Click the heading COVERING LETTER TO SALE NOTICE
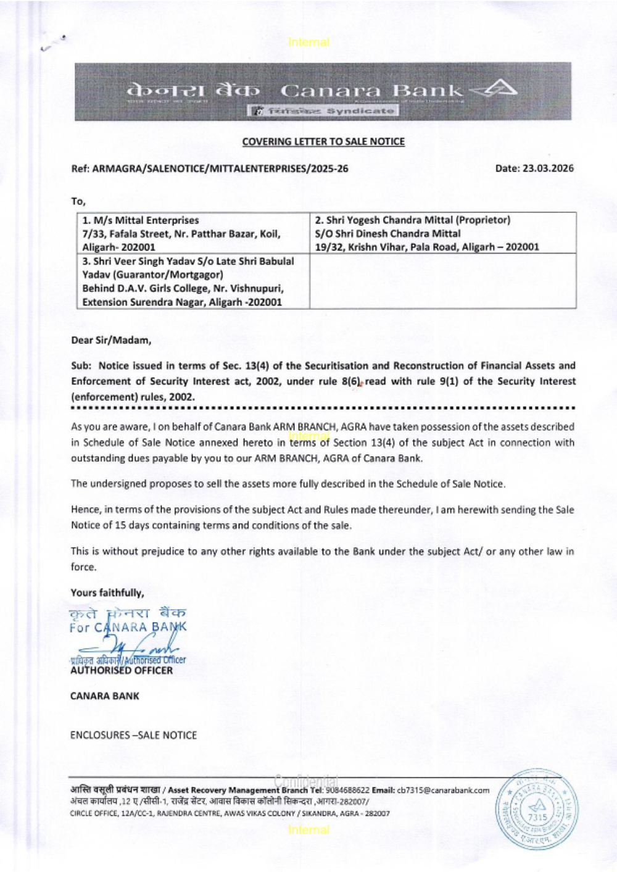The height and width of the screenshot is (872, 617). pyautogui.click(x=323, y=141)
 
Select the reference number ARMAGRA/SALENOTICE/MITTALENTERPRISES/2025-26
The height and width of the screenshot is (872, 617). pyautogui.click(x=220, y=168)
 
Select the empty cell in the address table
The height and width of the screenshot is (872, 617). pyautogui.click(x=442, y=281)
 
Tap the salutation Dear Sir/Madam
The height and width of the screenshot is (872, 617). pyautogui.click(x=111, y=340)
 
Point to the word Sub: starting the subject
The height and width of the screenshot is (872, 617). pyautogui.click(x=81, y=365)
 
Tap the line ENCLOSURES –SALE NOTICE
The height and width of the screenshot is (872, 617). pyautogui.click(x=133, y=735)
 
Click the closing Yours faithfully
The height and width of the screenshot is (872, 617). pyautogui.click(x=107, y=592)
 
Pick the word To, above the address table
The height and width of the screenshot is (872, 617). pyautogui.click(x=78, y=201)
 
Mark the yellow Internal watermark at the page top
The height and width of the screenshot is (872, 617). pyautogui.click(x=308, y=43)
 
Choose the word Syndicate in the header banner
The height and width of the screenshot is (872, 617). pyautogui.click(x=360, y=111)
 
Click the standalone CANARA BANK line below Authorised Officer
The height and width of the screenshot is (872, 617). pyautogui.click(x=105, y=696)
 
